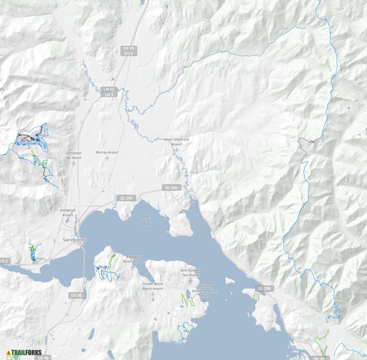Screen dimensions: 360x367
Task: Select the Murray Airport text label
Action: point(107,152)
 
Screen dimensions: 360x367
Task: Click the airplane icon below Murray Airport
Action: point(107,158)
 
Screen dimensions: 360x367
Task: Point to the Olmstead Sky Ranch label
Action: point(73,155)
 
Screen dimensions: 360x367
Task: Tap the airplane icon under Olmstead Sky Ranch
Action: point(74,163)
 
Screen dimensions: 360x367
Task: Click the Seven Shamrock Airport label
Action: point(177,142)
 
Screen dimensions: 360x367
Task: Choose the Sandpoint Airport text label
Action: point(67,212)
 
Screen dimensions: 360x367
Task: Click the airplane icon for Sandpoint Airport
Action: point(67,220)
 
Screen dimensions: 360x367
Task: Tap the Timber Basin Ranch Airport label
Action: point(153,286)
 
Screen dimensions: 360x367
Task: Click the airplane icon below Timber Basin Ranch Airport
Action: point(153,294)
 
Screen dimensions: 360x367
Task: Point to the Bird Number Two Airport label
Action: point(190,272)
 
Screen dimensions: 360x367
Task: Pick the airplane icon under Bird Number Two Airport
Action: point(190,281)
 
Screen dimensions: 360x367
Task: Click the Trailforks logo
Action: point(24,352)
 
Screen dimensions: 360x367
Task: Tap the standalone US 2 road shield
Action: point(4,261)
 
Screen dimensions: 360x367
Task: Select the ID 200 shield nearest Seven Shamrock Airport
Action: point(168,188)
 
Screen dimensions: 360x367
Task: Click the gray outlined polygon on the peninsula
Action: point(256,297)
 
